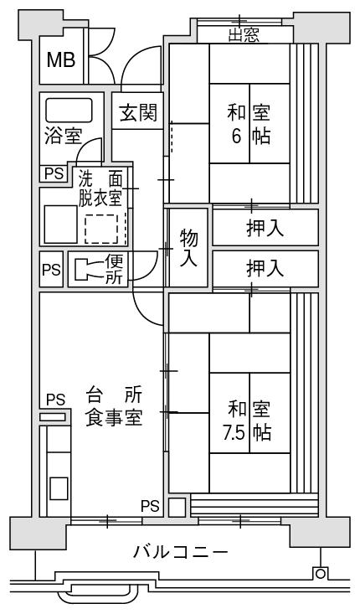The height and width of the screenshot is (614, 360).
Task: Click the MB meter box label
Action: click(x=61, y=60)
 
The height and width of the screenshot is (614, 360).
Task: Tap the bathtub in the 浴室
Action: click(x=69, y=110)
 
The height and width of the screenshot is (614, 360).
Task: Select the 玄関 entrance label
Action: click(x=138, y=112)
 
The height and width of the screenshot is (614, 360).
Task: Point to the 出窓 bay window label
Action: click(x=244, y=36)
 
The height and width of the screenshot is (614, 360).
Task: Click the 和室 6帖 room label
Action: click(x=249, y=124)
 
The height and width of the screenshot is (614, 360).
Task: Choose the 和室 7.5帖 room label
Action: click(x=248, y=421)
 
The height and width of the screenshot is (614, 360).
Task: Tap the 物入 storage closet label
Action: click(x=188, y=248)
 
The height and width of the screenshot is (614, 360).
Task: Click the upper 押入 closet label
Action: click(x=265, y=228)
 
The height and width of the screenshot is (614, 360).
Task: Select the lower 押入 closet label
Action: click(x=265, y=269)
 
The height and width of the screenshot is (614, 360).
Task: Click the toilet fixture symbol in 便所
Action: click(x=89, y=270)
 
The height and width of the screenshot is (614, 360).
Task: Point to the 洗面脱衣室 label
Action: click(x=100, y=189)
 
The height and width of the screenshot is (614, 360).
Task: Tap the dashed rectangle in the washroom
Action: click(x=101, y=229)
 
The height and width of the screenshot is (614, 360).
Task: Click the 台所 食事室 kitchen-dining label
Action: click(x=114, y=407)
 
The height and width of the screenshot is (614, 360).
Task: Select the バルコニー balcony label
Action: click(x=180, y=553)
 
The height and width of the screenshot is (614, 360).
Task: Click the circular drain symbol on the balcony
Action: click(x=320, y=574)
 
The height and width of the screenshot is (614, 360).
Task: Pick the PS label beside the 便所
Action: click(x=52, y=270)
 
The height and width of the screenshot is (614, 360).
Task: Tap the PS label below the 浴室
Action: click(x=54, y=173)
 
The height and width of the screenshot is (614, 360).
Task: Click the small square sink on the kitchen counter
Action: click(x=59, y=488)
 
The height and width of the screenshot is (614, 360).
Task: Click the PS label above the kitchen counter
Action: click(x=55, y=400)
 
